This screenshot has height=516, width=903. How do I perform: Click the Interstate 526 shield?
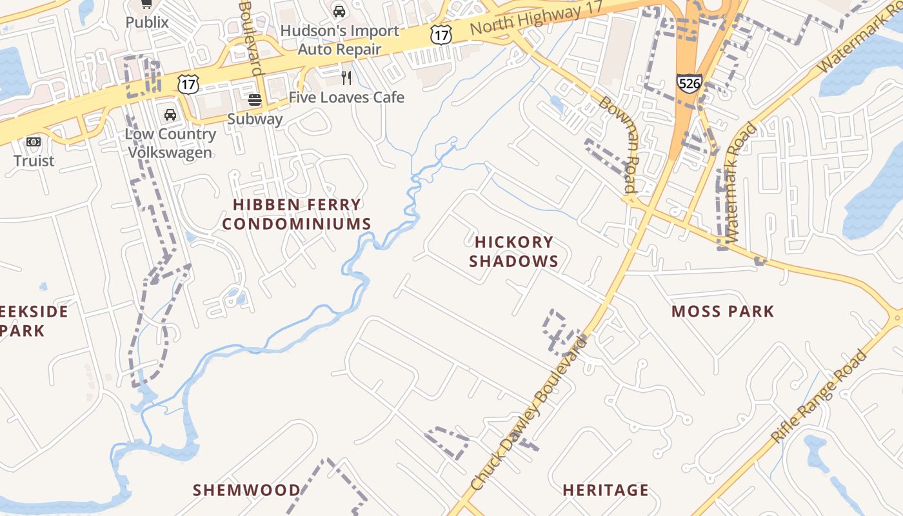point(689,83)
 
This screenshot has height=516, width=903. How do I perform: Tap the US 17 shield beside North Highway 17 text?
point(441,35)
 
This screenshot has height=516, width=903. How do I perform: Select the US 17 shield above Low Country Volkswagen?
point(188,83)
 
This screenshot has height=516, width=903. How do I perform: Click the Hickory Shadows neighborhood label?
point(513,252)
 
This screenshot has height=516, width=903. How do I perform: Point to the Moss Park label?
point(722,312)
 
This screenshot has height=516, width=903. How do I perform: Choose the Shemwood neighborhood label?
point(247,490)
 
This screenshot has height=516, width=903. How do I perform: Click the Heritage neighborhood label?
point(606,490)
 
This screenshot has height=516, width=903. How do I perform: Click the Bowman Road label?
point(619,145)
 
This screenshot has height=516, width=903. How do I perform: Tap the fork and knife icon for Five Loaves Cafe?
point(346,78)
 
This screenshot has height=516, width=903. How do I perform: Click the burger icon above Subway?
point(255,100)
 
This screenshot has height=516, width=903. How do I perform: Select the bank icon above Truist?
point(34,142)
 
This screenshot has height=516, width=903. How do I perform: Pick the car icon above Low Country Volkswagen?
point(170,115)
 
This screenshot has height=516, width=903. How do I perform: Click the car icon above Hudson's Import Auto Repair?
point(339,11)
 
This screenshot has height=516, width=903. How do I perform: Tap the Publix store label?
point(147,22)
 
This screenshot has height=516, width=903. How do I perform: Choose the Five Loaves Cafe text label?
point(346,97)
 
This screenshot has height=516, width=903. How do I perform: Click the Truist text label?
point(34,160)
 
